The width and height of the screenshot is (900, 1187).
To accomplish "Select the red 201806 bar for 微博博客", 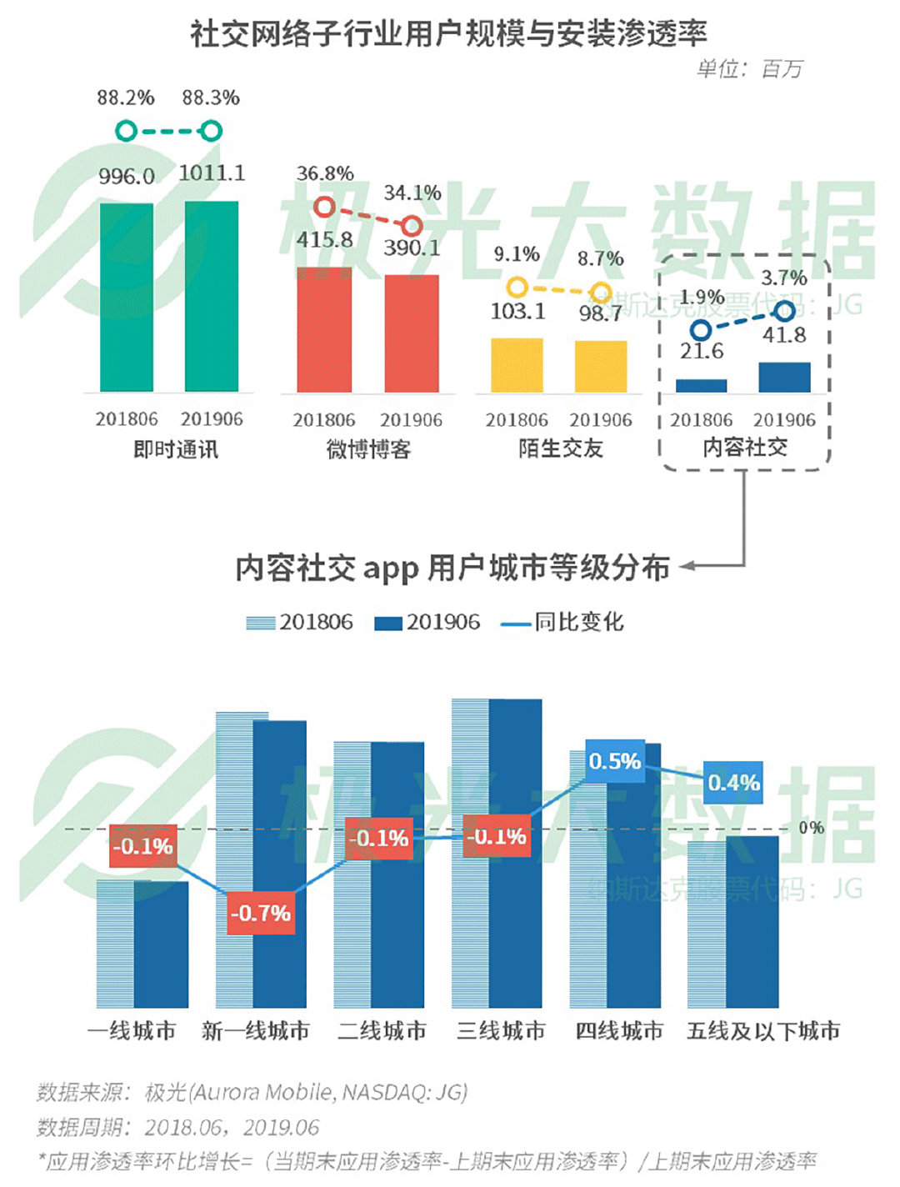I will click(x=324, y=329).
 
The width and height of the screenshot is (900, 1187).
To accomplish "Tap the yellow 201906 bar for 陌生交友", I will click(x=601, y=366).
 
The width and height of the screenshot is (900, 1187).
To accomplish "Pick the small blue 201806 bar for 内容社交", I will click(x=701, y=385).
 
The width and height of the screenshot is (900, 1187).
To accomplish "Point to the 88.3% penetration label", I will click(x=211, y=98).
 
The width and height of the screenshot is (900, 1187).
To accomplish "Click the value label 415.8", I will click(x=324, y=239).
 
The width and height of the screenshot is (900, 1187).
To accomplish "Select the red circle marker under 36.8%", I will click(x=324, y=207).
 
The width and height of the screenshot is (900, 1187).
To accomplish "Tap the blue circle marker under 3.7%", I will click(x=784, y=312).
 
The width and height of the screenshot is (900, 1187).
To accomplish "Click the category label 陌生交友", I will click(x=560, y=448).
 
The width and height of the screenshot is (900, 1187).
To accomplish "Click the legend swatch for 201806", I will click(x=260, y=623).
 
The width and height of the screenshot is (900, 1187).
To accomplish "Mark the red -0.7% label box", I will click(x=261, y=913).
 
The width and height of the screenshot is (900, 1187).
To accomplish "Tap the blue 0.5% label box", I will click(x=615, y=761).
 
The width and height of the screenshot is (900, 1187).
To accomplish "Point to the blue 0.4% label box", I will click(x=733, y=783).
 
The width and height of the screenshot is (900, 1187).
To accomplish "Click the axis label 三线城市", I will click(x=501, y=1031).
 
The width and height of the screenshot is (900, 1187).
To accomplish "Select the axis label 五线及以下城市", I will click(x=762, y=1031).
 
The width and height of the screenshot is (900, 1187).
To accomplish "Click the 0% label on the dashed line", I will click(x=811, y=828).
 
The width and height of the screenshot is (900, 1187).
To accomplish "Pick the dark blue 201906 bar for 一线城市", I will click(x=162, y=944).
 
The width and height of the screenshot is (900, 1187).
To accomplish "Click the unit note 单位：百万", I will click(x=749, y=69).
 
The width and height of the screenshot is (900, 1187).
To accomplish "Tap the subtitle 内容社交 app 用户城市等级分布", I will click(x=452, y=568).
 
